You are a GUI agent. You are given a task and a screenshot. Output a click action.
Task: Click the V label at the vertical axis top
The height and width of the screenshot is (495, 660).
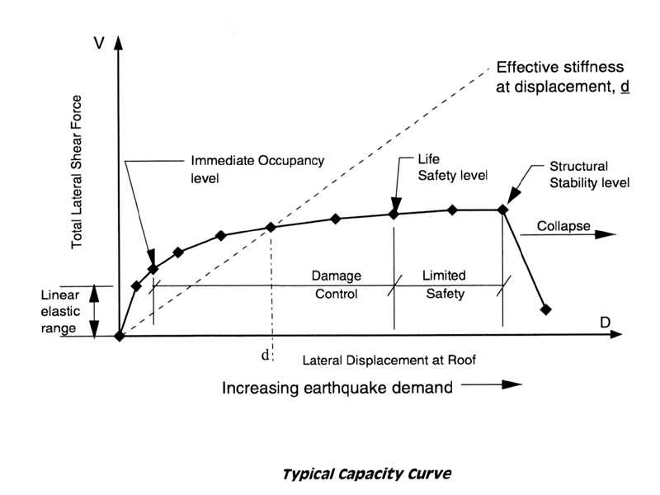(98, 43)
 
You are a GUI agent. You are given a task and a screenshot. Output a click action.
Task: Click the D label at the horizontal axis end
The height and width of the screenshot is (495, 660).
(605, 323)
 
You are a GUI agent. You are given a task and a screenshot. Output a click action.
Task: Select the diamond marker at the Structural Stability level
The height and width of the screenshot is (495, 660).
(502, 210)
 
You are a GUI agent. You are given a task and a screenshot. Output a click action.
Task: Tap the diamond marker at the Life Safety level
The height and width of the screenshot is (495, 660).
(394, 214)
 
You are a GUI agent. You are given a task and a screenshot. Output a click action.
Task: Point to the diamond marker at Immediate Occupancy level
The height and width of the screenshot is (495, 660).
(153, 269)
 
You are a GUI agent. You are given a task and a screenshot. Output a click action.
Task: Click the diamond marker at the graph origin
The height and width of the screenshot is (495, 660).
(120, 337)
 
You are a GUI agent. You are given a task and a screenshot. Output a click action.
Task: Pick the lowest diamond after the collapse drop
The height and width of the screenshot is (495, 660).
(545, 310)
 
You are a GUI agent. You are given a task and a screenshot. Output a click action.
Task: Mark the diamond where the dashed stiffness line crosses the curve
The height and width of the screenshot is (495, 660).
(271, 228)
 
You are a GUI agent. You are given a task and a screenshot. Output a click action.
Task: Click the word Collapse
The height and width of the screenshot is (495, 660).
(563, 226)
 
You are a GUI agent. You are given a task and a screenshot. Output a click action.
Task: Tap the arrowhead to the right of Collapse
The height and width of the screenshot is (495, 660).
(606, 234)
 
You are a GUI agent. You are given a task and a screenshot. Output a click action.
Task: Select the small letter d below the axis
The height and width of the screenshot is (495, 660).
(265, 356)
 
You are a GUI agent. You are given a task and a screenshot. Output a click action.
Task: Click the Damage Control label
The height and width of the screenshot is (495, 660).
(337, 285)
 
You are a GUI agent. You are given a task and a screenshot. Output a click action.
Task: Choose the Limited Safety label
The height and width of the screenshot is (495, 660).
(445, 284)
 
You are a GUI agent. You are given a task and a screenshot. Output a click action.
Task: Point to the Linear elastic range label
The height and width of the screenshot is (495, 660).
(60, 312)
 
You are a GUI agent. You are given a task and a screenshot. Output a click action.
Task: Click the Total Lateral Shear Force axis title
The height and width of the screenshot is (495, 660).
(76, 172)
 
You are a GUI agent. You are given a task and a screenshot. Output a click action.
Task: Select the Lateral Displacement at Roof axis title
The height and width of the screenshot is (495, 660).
(389, 361)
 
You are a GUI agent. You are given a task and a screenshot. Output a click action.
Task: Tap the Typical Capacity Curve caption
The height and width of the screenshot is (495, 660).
(366, 474)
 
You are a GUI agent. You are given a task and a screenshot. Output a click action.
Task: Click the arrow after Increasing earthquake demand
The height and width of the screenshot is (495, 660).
(492, 384)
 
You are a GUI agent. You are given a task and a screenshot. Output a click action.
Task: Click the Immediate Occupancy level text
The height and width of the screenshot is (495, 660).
(257, 169)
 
